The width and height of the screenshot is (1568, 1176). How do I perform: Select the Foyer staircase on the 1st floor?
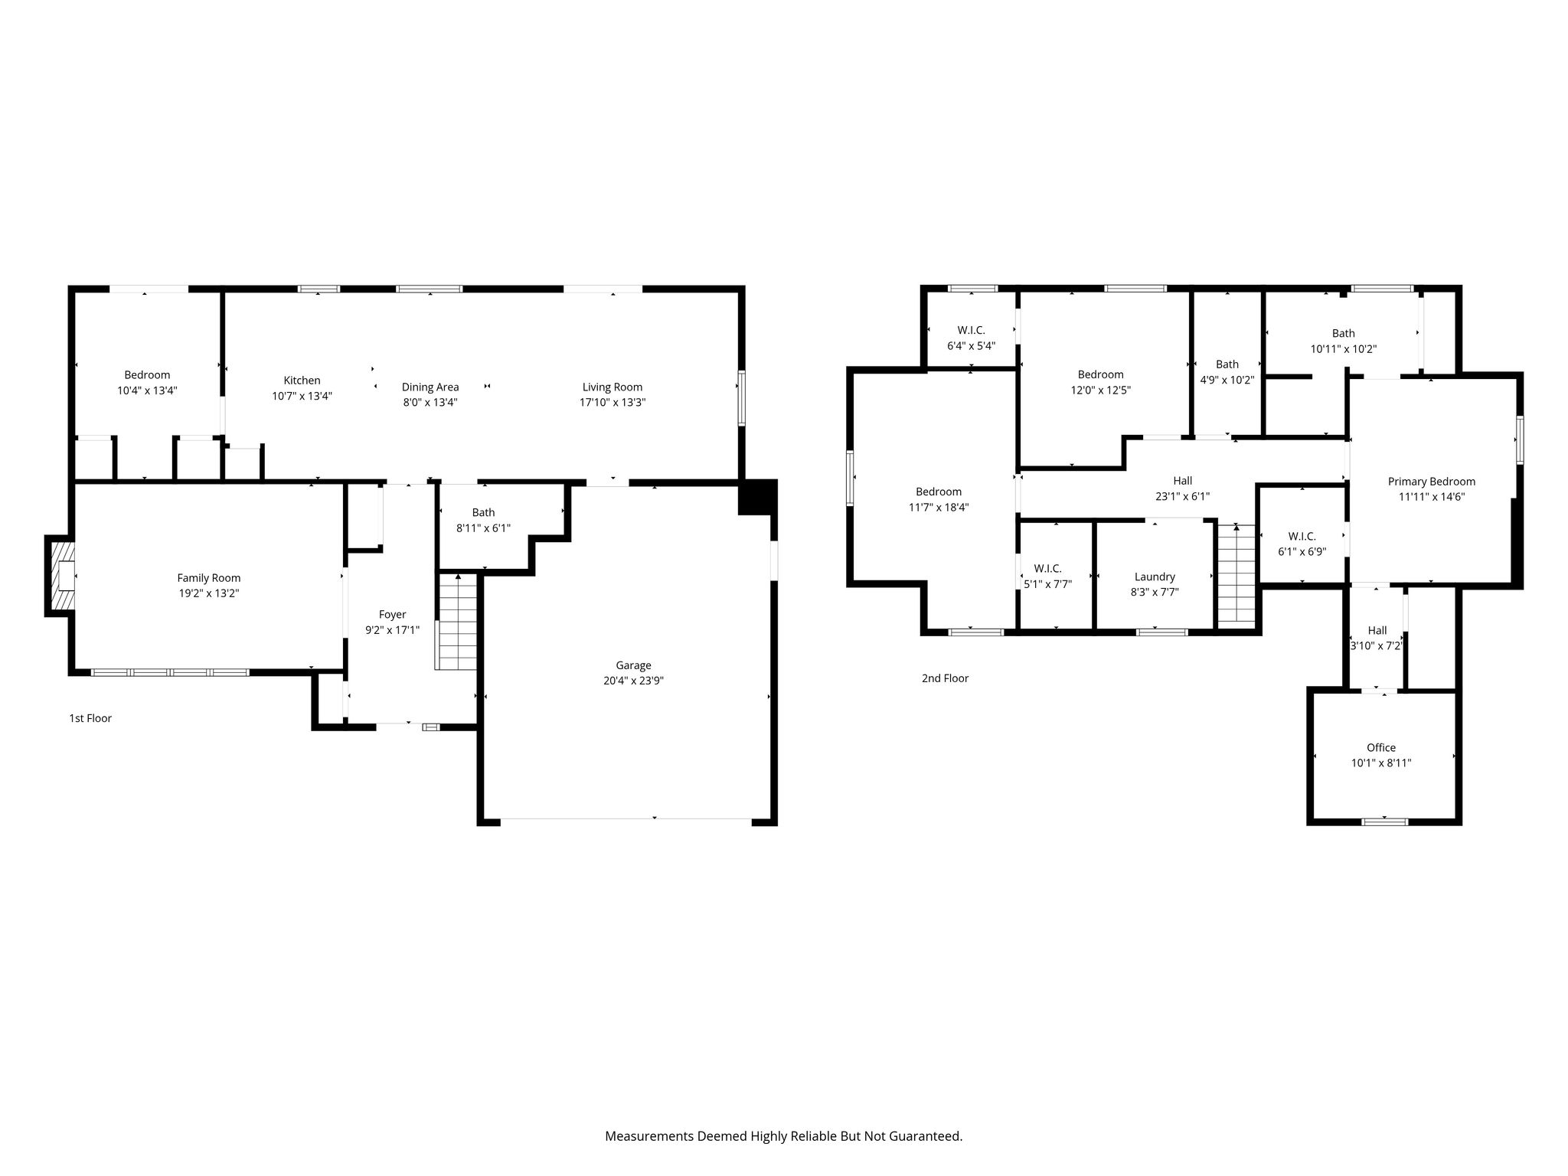(456, 622)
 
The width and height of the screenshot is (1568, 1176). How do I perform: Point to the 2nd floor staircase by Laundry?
(1236, 574)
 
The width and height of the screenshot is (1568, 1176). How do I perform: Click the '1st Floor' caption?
(90, 718)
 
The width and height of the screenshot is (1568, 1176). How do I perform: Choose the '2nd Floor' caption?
(945, 678)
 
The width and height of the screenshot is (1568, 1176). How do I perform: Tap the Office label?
(1381, 748)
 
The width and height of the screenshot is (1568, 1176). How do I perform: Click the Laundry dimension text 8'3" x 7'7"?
(1155, 592)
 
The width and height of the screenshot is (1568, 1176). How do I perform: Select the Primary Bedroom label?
(1432, 482)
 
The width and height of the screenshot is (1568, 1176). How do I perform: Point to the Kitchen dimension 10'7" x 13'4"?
(302, 396)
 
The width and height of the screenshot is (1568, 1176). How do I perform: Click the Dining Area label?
(430, 387)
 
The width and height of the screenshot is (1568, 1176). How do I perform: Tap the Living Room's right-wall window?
(741, 397)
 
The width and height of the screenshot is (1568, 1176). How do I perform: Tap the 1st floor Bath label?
(484, 512)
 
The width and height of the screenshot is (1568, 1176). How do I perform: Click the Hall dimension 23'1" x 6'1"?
(1183, 496)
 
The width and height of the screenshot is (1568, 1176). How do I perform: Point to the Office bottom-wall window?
(1384, 822)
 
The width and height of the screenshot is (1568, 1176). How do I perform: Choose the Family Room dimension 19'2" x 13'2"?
(209, 593)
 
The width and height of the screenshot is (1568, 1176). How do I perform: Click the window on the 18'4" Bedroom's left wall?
(850, 478)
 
